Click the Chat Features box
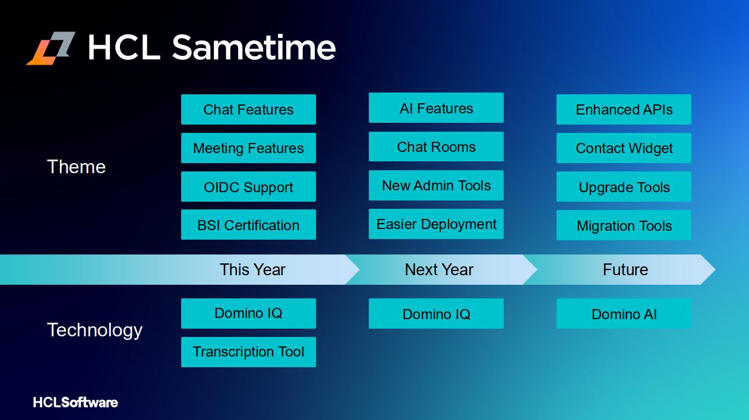pyautogui.click(x=248, y=110)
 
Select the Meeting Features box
pyautogui.click(x=248, y=148)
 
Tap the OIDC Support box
pyautogui.click(x=248, y=187)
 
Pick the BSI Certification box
pyautogui.click(x=248, y=225)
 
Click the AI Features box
pyautogui.click(x=436, y=108)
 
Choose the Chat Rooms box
pyautogui.click(x=436, y=147)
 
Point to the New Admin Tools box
pyautogui.click(x=436, y=185)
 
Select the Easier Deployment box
pyautogui.click(x=436, y=224)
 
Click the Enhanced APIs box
pyautogui.click(x=624, y=110)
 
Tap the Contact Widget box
pyautogui.click(x=624, y=148)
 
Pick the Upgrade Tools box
pyautogui.click(x=624, y=187)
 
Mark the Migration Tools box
pyautogui.click(x=624, y=225)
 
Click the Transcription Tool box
pyautogui.click(x=248, y=352)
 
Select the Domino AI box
pyautogui.click(x=624, y=313)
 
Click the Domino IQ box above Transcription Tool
pyautogui.click(x=248, y=313)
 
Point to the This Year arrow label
pyautogui.click(x=252, y=269)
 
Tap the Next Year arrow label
pyautogui.click(x=439, y=269)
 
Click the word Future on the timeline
pyautogui.click(x=625, y=269)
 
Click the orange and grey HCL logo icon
pyautogui.click(x=51, y=48)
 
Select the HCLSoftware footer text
pyautogui.click(x=75, y=402)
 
